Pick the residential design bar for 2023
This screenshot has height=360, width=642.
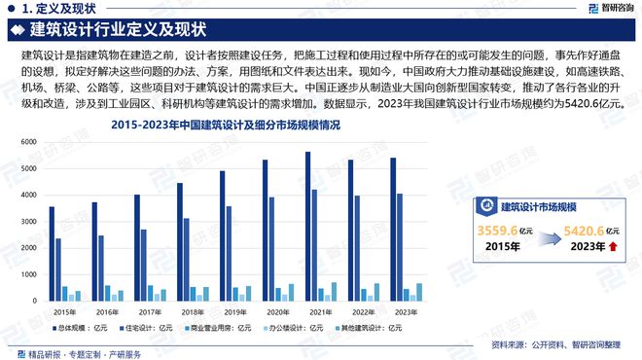[x=399, y=247]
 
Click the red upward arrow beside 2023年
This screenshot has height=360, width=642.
[x=613, y=248]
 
